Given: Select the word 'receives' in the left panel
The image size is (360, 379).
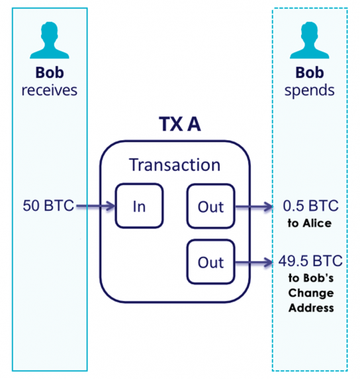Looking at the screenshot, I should pyautogui.click(x=49, y=89).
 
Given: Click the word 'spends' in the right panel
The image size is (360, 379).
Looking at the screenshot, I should pyautogui.click(x=309, y=89).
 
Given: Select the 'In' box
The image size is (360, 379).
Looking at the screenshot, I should pyautogui.click(x=139, y=206).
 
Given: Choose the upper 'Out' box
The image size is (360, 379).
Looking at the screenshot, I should pyautogui.click(x=210, y=206).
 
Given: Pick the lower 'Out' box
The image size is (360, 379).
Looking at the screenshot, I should pyautogui.click(x=210, y=262).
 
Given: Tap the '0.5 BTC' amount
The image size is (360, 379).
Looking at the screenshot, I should pyautogui.click(x=309, y=206).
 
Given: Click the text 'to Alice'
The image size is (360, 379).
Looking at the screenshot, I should pyautogui.click(x=309, y=223).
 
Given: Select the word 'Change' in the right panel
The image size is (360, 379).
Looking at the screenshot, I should pyautogui.click(x=310, y=293).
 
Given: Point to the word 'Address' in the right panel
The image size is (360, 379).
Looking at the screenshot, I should pyautogui.click(x=310, y=307).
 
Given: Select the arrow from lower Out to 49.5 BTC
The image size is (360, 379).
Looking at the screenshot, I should pyautogui.click(x=253, y=262).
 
